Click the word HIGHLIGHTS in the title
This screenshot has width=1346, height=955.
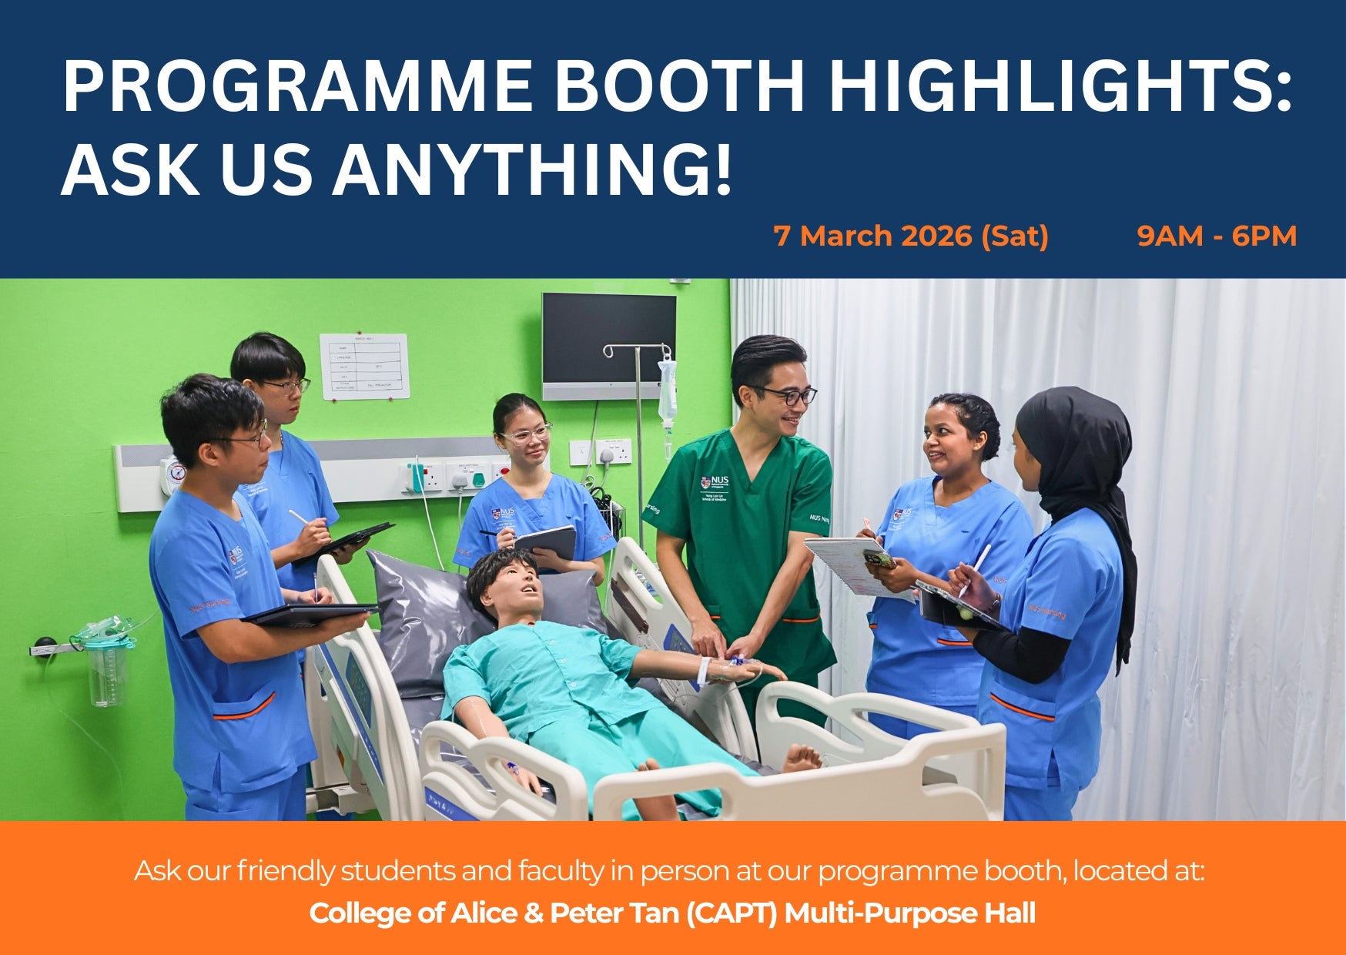point(1059,85)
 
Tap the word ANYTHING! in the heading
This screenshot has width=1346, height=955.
point(531,171)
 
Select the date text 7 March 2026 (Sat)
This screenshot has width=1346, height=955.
point(911,236)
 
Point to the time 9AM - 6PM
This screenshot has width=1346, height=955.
point(1217,236)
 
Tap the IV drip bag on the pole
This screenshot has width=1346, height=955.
point(667,393)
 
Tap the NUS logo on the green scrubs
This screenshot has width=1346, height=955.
point(715,483)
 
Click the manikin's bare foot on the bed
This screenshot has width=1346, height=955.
point(802,759)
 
